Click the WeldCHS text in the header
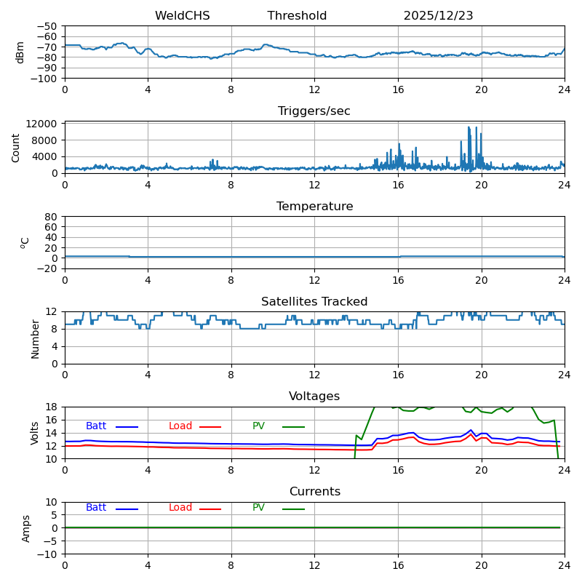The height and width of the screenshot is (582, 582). pyautogui.click(x=182, y=16)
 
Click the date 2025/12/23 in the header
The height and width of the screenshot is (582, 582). pyautogui.click(x=438, y=16)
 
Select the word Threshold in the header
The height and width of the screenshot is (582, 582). pyautogui.click(x=297, y=16)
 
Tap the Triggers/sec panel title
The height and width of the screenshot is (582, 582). pyautogui.click(x=314, y=111)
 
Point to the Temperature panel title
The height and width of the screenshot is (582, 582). pyautogui.click(x=314, y=207)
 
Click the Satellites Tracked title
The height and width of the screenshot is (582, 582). pyautogui.click(x=314, y=302)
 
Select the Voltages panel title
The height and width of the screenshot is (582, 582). pyautogui.click(x=314, y=396)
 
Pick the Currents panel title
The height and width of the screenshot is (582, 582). pyautogui.click(x=314, y=492)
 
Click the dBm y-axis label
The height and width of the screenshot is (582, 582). pyautogui.click(x=20, y=52)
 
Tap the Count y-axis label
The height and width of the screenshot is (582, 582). pyautogui.click(x=16, y=148)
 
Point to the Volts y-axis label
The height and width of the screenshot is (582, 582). pyautogui.click(x=35, y=433)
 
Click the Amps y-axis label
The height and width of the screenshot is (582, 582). pyautogui.click(x=26, y=528)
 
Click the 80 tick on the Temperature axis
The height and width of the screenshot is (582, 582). pyautogui.click(x=52, y=217)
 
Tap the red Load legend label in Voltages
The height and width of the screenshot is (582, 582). pyautogui.click(x=180, y=426)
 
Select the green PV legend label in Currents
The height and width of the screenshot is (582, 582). pyautogui.click(x=258, y=508)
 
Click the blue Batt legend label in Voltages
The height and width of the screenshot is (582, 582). pyautogui.click(x=96, y=426)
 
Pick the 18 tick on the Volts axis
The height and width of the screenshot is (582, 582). pyautogui.click(x=52, y=407)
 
